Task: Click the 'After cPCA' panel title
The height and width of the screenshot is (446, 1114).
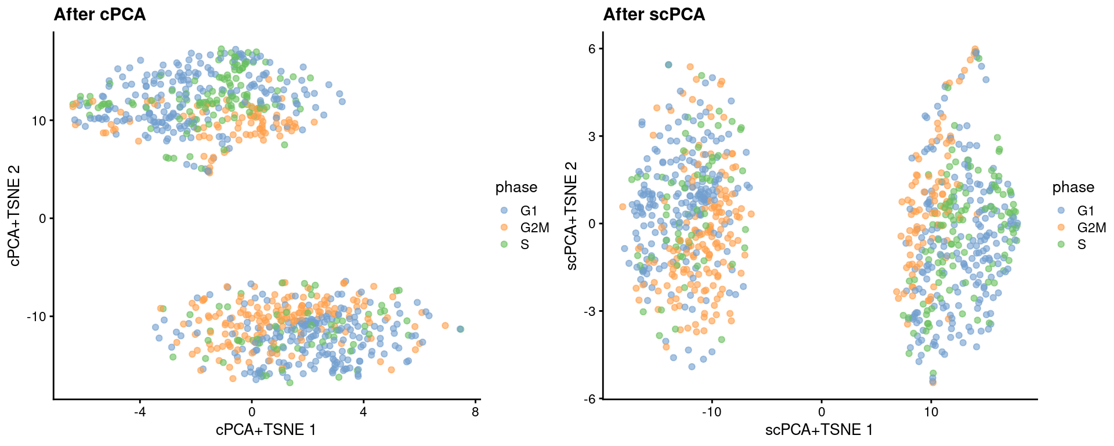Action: (99, 14)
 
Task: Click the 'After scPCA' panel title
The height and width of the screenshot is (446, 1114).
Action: (654, 14)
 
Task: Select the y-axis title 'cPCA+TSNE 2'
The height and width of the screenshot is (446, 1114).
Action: (15, 216)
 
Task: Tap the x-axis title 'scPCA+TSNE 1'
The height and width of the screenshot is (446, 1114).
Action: (819, 430)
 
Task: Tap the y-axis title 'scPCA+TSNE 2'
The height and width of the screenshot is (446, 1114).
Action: (572, 216)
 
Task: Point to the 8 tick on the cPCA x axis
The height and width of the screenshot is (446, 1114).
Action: (475, 412)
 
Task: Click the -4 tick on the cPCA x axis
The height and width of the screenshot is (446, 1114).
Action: (139, 412)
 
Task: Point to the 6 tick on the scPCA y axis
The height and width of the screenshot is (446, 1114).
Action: (592, 49)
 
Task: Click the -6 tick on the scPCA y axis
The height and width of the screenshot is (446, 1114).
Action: (590, 398)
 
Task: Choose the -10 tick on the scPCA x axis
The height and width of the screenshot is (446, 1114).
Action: (711, 412)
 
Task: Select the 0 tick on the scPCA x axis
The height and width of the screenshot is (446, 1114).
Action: (822, 412)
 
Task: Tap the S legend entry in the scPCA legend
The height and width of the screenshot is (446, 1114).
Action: (1082, 244)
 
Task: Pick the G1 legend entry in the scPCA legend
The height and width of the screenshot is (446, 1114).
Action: (1086, 210)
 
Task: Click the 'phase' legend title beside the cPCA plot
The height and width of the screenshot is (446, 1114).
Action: (516, 187)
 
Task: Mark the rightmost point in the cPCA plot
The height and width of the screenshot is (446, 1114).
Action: (460, 329)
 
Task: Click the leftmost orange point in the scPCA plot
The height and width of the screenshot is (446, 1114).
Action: (623, 207)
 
